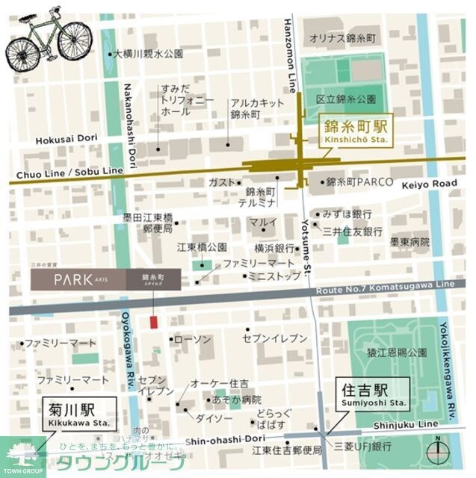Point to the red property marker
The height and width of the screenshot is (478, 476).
154,322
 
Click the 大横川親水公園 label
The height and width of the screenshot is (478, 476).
149,54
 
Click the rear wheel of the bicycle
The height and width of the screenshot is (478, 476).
22,50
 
